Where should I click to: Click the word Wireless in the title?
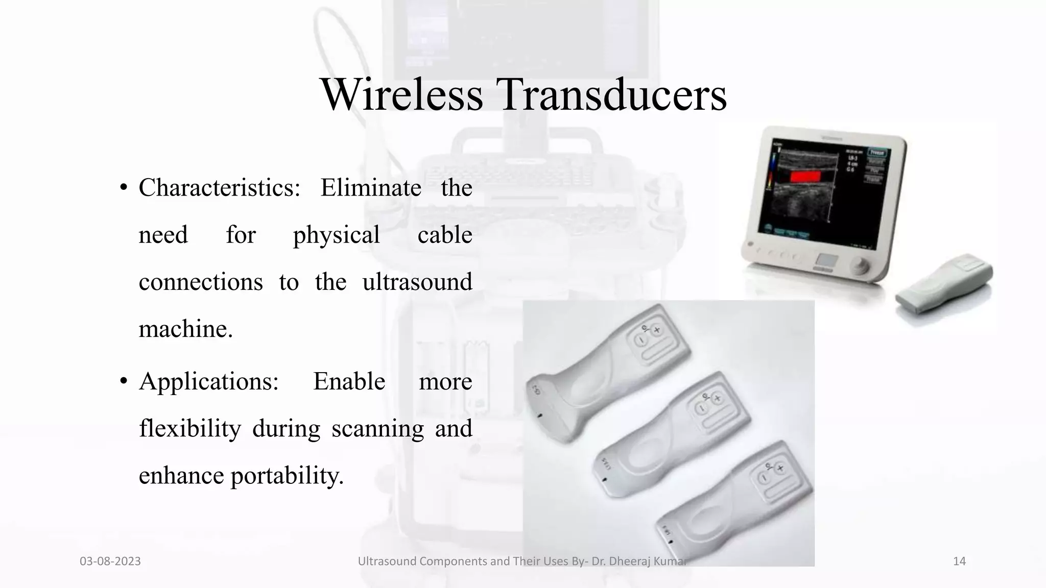(x=401, y=94)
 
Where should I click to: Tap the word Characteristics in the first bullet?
(x=219, y=188)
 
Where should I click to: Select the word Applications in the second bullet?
(x=209, y=381)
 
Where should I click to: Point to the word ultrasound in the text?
(x=417, y=282)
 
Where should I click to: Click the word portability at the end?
(x=287, y=476)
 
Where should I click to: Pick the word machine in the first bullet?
(x=185, y=329)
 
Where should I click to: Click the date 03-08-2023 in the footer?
(x=110, y=561)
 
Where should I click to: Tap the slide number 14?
(x=959, y=561)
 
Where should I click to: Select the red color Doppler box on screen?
(x=805, y=177)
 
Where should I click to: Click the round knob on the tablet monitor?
(x=861, y=266)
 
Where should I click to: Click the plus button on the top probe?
(x=657, y=330)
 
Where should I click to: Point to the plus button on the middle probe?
(x=718, y=398)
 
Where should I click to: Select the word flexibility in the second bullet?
(x=189, y=429)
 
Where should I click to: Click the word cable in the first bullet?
(x=444, y=235)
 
